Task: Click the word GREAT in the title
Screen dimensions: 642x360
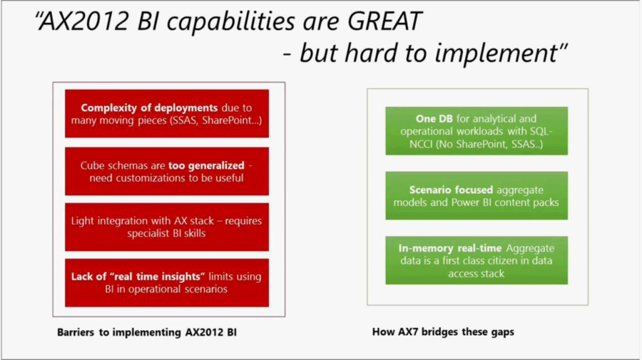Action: [384, 21]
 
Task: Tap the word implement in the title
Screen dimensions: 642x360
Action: [496, 53]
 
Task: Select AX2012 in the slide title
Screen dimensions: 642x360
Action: [83, 21]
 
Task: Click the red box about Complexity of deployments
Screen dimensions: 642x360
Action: [167, 113]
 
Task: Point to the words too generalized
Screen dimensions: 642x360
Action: [206, 165]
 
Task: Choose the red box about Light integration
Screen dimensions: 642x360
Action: [167, 227]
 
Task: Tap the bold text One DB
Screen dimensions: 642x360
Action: [434, 118]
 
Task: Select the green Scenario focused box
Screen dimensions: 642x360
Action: [477, 195]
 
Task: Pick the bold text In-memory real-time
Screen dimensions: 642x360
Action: [450, 248]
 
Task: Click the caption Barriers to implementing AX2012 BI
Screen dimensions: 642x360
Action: [146, 332]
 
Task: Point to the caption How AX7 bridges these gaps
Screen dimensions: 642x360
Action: [443, 331]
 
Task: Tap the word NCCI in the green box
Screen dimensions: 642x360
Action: [421, 144]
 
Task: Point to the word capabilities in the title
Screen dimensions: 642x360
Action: [230, 21]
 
